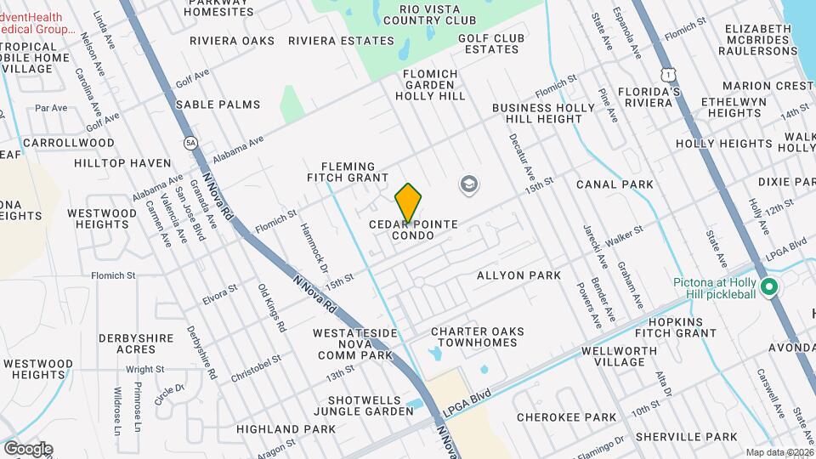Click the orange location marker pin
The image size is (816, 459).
pos(408,202)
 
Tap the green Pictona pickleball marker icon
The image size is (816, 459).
pos(769,288)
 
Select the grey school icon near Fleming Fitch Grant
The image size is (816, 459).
pos(467,184)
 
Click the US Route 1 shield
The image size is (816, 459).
pos(669,64)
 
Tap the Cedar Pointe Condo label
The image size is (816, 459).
pos(413,229)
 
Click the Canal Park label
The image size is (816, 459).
pos(615,184)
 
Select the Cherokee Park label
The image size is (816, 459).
pos(566,417)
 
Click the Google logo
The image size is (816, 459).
pos(28,448)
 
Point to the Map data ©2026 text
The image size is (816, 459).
pos(779,452)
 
